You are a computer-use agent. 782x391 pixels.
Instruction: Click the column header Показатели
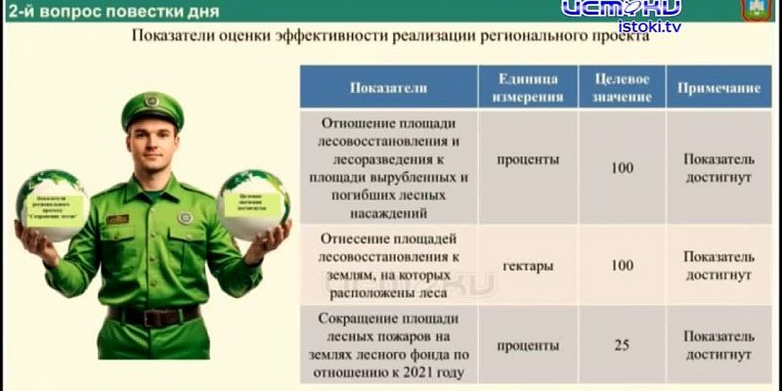point(388,87)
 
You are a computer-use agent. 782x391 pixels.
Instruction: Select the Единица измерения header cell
point(529,87)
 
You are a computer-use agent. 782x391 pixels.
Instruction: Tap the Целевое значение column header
point(622,87)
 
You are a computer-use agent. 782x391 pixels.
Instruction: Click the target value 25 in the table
point(622,345)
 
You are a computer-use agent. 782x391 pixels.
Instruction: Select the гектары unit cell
point(529,265)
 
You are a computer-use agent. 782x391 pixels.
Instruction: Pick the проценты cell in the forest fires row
point(529,345)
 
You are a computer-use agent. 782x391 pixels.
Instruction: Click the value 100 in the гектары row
point(622,265)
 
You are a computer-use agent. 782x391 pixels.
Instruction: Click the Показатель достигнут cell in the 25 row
point(718,345)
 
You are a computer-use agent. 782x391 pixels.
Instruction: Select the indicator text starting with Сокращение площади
point(388,345)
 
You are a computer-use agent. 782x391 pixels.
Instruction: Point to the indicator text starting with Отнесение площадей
point(388,265)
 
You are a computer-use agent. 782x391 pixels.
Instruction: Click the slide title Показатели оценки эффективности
point(389,37)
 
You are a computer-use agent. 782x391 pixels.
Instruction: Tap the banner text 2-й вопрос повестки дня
point(108,11)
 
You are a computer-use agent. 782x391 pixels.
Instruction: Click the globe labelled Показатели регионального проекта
point(54,205)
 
